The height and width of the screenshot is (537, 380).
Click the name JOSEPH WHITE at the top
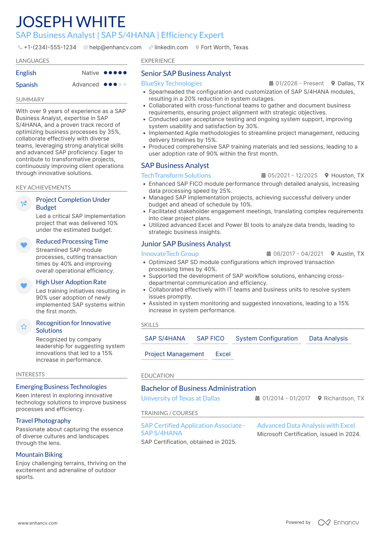pos(71,22)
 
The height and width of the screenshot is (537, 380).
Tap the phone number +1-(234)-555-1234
pos(50,47)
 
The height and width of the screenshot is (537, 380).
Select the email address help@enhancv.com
pos(115,47)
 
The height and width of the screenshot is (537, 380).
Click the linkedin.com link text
pos(171,47)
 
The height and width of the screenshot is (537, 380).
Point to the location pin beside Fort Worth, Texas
pos(197,47)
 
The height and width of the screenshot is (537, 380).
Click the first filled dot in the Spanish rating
pos(105,85)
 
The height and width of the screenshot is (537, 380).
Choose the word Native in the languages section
pos(90,73)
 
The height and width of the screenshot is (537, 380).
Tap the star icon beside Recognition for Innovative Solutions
pos(24,327)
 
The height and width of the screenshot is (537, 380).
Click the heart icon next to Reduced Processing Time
pos(24,245)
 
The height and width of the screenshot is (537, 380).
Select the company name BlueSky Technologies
pos(171,83)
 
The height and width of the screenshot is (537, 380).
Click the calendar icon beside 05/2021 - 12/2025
pos(264,176)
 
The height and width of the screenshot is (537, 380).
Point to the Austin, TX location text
pos(350,254)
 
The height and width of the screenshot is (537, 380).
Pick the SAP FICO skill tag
pos(210,338)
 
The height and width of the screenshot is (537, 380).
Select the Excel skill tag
pos(223,354)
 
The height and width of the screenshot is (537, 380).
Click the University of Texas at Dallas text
pos(181,398)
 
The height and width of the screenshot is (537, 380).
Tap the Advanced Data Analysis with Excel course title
pos(306,426)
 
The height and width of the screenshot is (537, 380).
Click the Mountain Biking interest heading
pos(39,455)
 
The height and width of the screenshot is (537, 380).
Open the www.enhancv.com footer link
pos(38,523)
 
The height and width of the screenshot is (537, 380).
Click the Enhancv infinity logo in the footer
pos(324,522)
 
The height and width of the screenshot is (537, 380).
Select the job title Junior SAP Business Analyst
pos(186,244)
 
